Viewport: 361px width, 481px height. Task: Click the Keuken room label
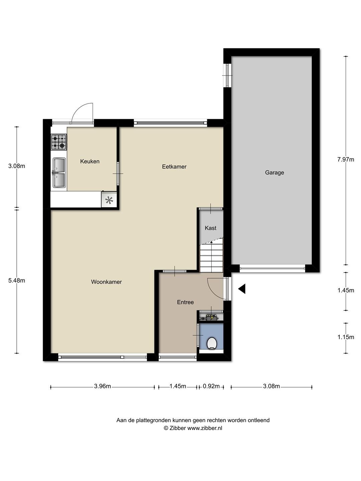click(90, 161)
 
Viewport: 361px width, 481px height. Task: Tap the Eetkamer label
click(174, 167)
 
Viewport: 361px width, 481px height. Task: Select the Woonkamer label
click(106, 282)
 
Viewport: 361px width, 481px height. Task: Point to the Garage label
click(274, 173)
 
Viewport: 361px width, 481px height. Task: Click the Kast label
click(211, 228)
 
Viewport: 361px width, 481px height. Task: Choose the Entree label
click(186, 302)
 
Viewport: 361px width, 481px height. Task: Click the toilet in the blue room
click(212, 343)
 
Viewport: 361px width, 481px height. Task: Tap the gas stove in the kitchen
click(59, 142)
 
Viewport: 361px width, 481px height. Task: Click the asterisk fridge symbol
click(109, 200)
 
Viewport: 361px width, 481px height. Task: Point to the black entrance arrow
click(242, 289)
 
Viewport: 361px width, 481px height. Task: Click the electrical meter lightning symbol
click(212, 317)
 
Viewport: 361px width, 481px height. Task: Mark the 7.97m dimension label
click(346, 160)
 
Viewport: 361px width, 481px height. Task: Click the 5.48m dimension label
click(17, 281)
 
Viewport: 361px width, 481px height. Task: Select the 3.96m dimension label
click(102, 386)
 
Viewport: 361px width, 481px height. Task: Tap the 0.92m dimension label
click(211, 386)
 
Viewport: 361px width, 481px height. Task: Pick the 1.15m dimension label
click(346, 337)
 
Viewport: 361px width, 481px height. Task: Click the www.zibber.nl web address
click(205, 428)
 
